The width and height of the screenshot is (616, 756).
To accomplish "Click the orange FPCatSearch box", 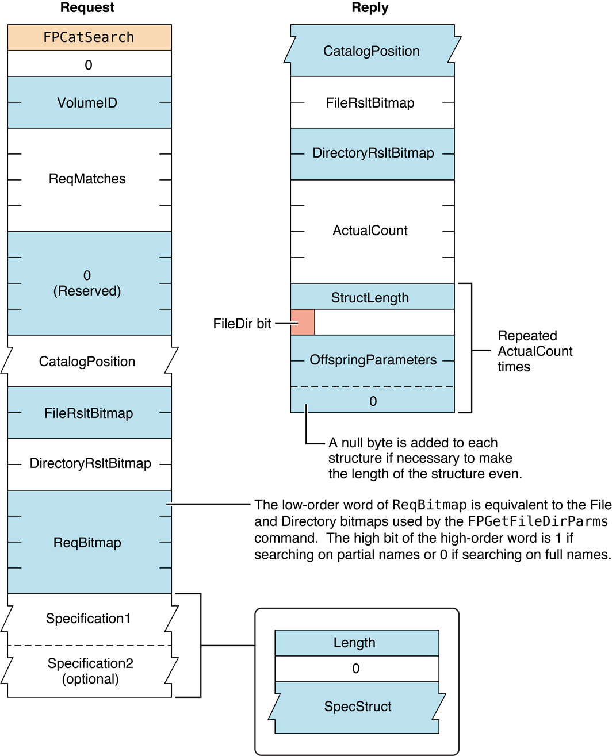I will [x=89, y=37].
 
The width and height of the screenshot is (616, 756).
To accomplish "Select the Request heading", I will [x=87, y=7].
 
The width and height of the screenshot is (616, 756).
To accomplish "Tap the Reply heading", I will [x=370, y=7].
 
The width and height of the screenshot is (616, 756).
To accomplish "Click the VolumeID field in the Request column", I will [x=87, y=103].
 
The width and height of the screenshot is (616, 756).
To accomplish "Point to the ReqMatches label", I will [x=87, y=179].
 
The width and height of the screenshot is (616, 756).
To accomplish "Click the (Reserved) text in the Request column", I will [x=87, y=291].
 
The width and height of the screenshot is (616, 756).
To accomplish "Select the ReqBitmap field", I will [x=87, y=543].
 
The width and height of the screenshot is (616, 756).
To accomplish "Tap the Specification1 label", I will [x=89, y=619].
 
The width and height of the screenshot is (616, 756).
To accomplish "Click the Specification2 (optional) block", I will [x=90, y=671].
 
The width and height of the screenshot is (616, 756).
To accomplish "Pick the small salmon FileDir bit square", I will [x=303, y=322].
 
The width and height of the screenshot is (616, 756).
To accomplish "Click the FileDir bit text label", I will [x=242, y=324].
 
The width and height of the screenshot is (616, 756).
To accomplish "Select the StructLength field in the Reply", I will [x=370, y=297].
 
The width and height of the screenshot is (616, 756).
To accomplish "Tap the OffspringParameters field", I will [x=373, y=360].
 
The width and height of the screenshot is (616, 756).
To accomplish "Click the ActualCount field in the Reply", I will [x=370, y=231].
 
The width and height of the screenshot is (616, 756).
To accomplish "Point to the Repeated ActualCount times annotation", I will [x=534, y=351].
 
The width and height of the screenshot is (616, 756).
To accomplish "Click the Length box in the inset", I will [x=355, y=643].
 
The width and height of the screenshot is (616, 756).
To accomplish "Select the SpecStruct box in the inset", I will [x=358, y=707].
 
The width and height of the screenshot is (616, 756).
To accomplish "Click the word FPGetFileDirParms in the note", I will [x=537, y=521].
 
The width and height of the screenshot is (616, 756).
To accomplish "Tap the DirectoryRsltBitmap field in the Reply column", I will [x=373, y=153].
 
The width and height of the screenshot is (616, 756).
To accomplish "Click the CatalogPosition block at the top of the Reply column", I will [x=372, y=51].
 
